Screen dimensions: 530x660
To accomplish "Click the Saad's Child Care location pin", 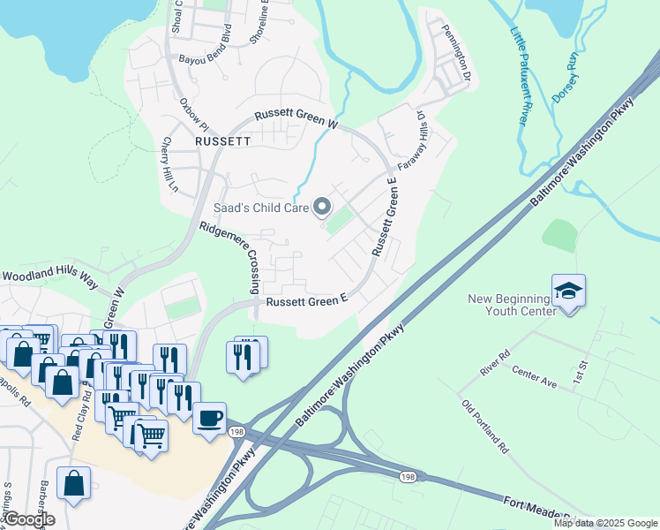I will [x=322, y=208].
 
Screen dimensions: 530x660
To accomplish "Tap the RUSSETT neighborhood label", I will [x=223, y=140].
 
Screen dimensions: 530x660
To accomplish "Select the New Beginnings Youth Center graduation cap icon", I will [x=568, y=291].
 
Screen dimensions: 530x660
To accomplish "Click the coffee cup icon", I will [x=209, y=418].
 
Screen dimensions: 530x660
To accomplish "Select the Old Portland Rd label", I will [x=485, y=428].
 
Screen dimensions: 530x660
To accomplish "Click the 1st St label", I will [x=580, y=371].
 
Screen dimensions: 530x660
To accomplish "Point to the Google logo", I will [x=28, y=519].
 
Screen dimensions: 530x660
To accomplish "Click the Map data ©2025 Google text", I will [x=604, y=522].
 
